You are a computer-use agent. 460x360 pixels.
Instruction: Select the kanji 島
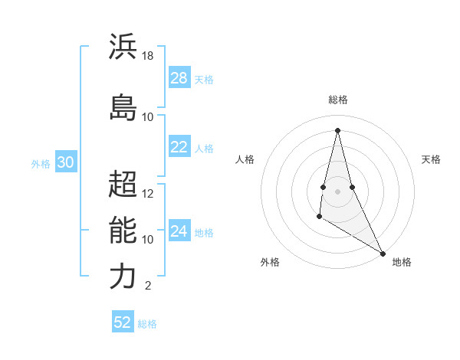tap(123, 107)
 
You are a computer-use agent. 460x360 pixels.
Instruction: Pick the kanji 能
tap(123, 230)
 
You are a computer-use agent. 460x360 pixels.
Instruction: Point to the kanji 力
tap(123, 277)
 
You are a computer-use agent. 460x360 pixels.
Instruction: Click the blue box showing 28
tap(179, 78)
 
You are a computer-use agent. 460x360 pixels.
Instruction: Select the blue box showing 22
tap(179, 147)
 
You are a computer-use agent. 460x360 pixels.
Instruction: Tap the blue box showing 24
tap(179, 231)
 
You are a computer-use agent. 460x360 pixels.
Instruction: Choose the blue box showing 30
tap(65, 162)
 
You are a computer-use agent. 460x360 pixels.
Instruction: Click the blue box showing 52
tap(123, 322)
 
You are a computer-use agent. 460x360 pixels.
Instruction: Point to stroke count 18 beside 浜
tap(148, 56)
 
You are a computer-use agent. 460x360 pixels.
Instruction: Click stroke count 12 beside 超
tap(148, 193)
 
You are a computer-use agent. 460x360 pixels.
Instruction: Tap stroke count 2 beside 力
tap(147, 286)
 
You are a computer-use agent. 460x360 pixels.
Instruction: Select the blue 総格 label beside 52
tap(147, 324)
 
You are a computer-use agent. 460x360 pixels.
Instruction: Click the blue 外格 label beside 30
tap(41, 163)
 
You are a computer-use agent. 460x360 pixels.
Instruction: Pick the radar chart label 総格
tap(338, 100)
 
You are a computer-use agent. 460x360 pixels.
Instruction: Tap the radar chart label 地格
tap(402, 262)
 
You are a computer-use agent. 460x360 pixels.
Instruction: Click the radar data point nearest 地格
tap(383, 254)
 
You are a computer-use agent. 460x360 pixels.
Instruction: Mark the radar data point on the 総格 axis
tap(337, 130)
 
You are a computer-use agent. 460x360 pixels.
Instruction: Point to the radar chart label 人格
tap(245, 159)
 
